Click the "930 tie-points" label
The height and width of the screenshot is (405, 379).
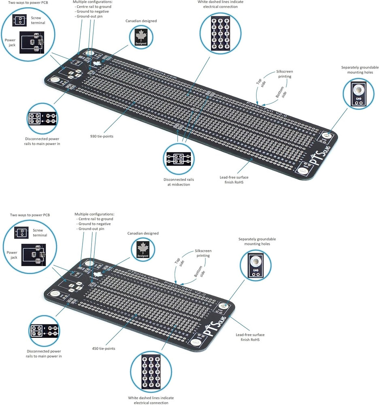click(102, 136)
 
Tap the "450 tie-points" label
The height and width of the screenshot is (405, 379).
click(103, 348)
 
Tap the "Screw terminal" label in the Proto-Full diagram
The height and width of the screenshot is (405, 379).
click(38, 20)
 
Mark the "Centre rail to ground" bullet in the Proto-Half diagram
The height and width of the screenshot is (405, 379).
click(96, 219)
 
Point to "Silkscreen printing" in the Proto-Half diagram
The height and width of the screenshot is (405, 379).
click(203, 253)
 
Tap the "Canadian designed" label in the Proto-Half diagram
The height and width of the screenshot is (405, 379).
click(143, 233)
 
